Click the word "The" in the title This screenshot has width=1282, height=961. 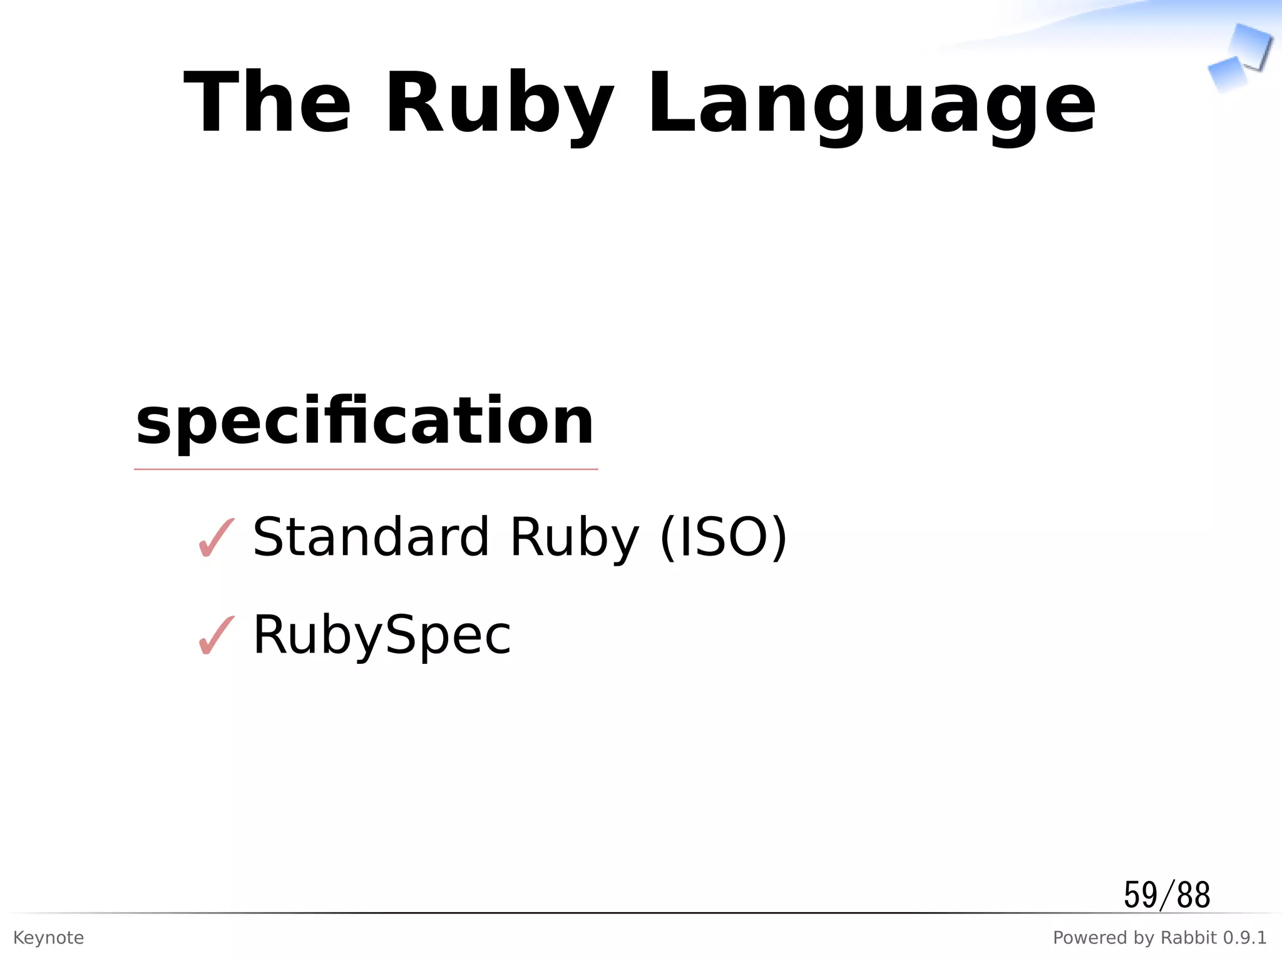(x=267, y=103)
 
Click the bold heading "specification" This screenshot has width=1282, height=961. (x=365, y=422)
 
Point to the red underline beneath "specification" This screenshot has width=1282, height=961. (x=366, y=469)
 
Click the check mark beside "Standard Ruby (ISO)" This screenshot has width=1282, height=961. (x=217, y=537)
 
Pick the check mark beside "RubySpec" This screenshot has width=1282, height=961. (x=217, y=635)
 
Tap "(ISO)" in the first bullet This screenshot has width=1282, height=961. (x=724, y=538)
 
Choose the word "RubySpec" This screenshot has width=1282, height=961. (x=382, y=636)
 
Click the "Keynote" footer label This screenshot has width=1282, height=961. (x=48, y=938)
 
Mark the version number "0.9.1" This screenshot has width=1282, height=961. (x=1245, y=938)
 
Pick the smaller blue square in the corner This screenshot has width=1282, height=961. (x=1227, y=74)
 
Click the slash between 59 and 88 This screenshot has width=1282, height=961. (x=1166, y=895)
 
